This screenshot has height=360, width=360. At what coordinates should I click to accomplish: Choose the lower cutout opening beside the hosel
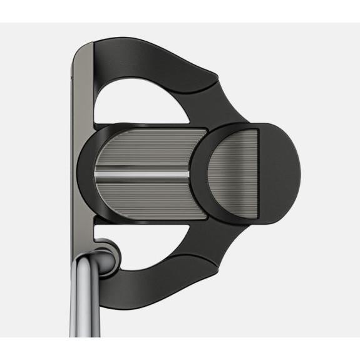[150, 241]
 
